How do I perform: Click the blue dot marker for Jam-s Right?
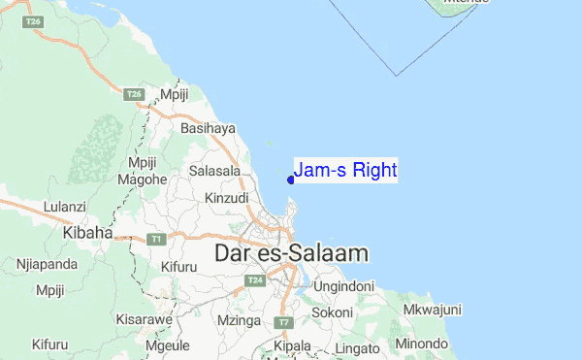291,179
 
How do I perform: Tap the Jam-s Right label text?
345,171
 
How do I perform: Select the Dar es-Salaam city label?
291,253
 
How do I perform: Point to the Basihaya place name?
208,127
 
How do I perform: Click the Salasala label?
215,171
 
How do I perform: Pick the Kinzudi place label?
228,198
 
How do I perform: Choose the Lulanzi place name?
65,207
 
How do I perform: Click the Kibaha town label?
87,233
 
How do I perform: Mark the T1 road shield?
155,239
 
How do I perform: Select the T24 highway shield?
255,280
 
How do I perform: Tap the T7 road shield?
283,321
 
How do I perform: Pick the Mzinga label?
240,319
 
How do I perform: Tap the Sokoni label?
332,313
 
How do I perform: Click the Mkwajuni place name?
432,311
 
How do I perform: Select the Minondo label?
420,343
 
